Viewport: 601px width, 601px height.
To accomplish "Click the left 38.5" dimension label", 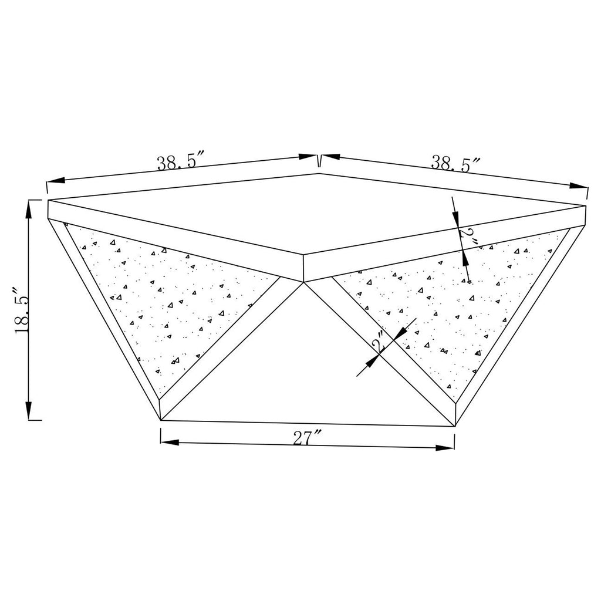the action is (x=177, y=162).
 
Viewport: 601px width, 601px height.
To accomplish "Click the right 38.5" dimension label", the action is (x=456, y=164).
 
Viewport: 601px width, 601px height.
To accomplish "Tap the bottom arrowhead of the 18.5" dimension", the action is (x=29, y=410).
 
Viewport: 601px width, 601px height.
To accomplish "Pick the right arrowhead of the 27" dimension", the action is (x=445, y=447).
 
